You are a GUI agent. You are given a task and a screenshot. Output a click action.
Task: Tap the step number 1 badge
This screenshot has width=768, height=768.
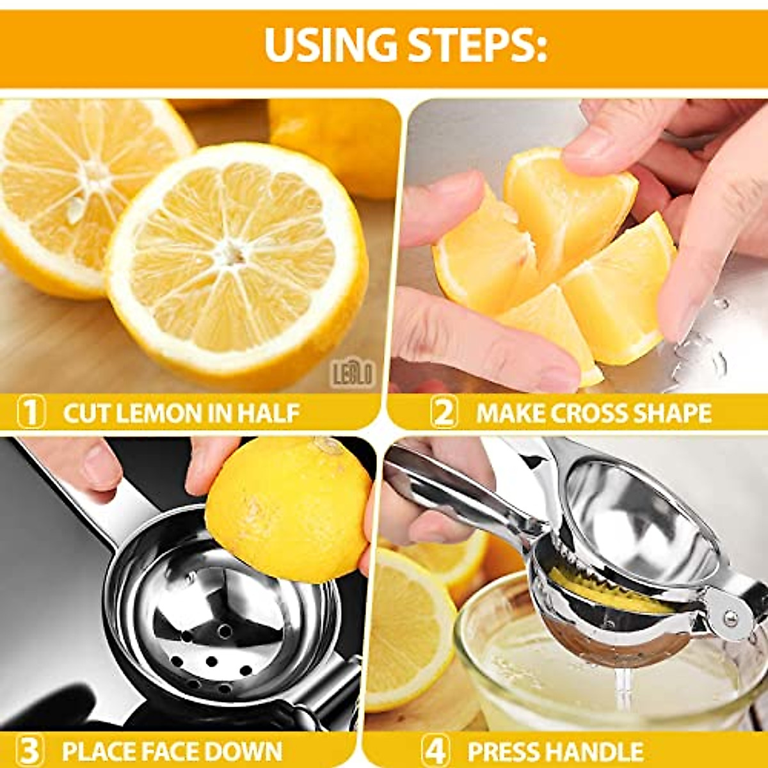tap(30, 413)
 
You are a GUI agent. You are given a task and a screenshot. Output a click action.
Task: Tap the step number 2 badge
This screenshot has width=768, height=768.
tap(444, 413)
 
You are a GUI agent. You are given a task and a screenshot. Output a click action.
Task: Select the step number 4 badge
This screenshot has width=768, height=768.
tap(435, 750)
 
